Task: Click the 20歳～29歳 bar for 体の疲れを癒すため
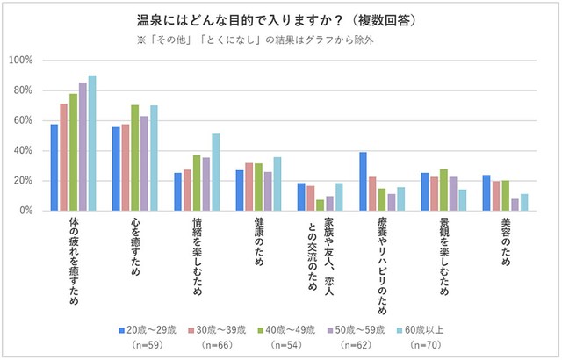coord(54,168)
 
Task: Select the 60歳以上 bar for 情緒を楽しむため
coord(216,172)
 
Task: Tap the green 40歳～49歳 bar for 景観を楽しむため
coord(443,190)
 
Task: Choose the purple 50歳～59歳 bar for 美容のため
coord(514,205)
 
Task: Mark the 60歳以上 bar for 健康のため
coord(277,184)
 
